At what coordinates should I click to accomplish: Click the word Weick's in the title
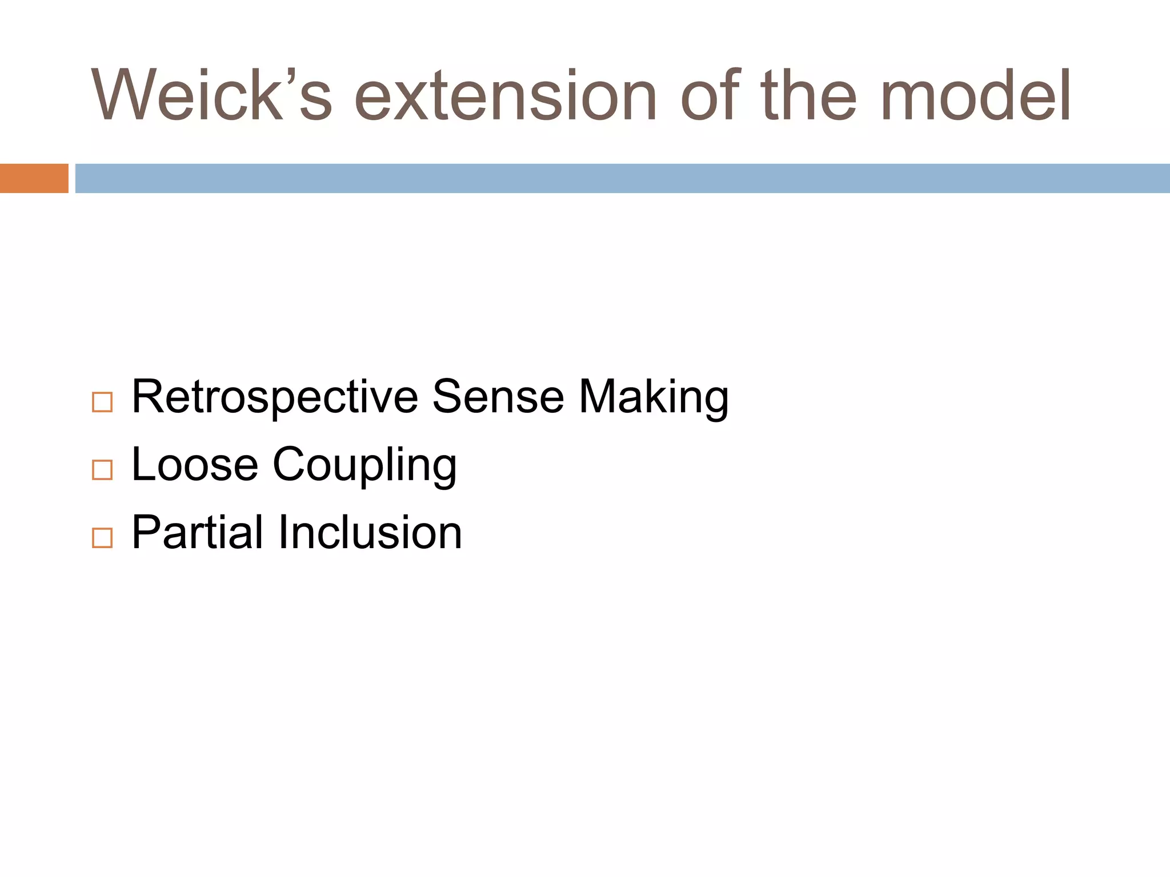click(x=211, y=96)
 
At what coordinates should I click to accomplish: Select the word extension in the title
click(x=505, y=96)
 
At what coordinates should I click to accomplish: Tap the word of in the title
click(x=711, y=96)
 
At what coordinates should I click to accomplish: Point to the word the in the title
click(x=808, y=96)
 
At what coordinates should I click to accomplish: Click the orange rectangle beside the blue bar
click(x=34, y=178)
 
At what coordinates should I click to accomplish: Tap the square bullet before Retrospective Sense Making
click(x=102, y=403)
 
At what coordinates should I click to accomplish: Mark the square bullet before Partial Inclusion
click(x=102, y=538)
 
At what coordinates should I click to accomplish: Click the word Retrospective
click(x=275, y=397)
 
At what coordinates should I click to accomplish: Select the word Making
click(x=654, y=397)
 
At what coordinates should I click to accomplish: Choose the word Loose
click(x=195, y=464)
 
